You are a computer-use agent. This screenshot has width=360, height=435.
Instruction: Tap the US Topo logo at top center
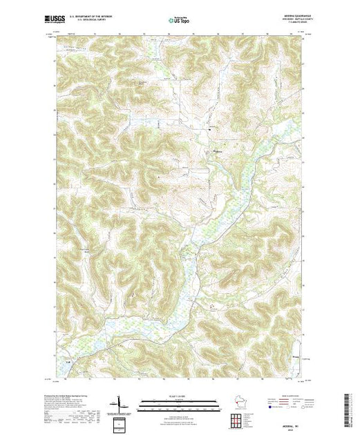tap(180, 21)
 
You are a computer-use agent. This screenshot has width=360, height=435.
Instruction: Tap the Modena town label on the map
tap(220, 153)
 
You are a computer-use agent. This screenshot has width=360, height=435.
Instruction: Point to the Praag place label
tap(296, 358)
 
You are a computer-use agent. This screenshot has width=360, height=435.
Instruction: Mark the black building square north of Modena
tap(210, 128)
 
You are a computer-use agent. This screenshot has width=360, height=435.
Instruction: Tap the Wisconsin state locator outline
tap(238, 403)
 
